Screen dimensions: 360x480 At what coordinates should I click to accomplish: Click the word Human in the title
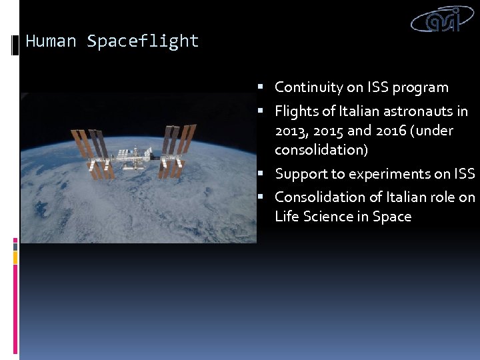point(51,41)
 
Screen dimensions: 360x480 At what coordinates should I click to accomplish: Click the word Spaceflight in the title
point(143,41)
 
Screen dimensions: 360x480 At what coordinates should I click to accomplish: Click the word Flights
point(297,111)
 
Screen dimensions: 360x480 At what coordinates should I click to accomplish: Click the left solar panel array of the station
point(90,153)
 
